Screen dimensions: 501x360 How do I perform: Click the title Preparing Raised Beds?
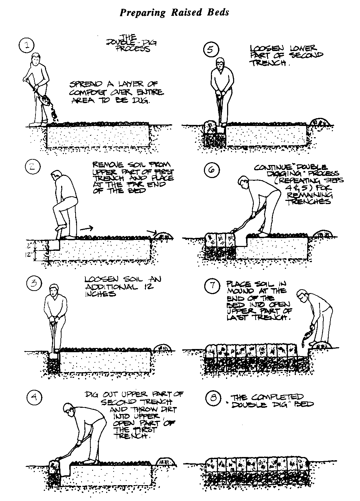(x=174, y=13)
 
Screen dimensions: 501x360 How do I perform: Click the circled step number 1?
(x=27, y=46)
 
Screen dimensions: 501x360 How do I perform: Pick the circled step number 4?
(x=34, y=398)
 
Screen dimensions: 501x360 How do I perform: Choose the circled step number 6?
(x=212, y=170)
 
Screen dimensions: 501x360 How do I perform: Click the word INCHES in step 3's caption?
(x=101, y=293)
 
